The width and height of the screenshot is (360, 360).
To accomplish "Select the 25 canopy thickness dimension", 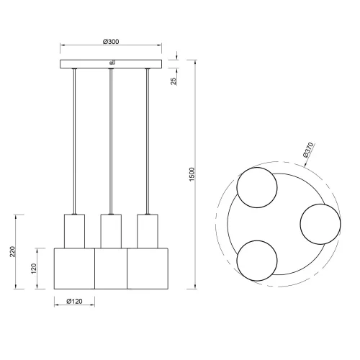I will click(174, 81).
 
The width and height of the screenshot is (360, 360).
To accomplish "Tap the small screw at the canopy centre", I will click(110, 62).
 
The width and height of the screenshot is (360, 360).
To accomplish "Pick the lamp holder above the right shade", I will click(147, 230).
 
